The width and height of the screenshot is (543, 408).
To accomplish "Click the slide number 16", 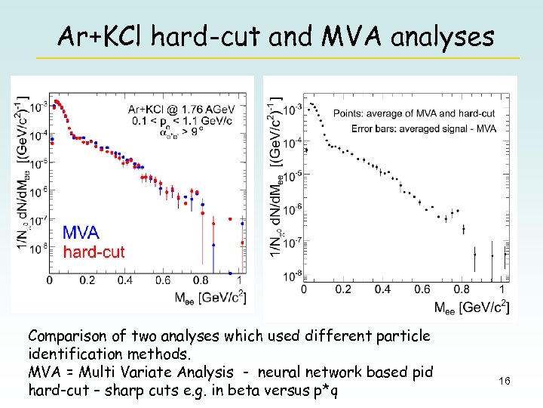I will (x=505, y=382).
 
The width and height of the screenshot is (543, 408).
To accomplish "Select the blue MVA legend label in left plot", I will (x=80, y=232).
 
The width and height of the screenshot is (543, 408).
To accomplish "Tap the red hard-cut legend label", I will (x=94, y=252).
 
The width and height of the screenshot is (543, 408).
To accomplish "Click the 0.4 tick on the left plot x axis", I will (x=125, y=280).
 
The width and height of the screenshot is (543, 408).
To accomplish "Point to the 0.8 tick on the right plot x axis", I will (x=462, y=289).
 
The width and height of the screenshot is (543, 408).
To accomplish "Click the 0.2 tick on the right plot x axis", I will (x=343, y=289).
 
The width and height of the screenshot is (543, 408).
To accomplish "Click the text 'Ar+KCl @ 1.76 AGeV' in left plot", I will (x=181, y=109).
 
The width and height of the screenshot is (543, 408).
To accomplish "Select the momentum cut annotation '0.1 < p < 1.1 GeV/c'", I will (x=182, y=120).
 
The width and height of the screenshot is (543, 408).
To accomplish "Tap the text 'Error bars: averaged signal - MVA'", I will (x=423, y=128).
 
